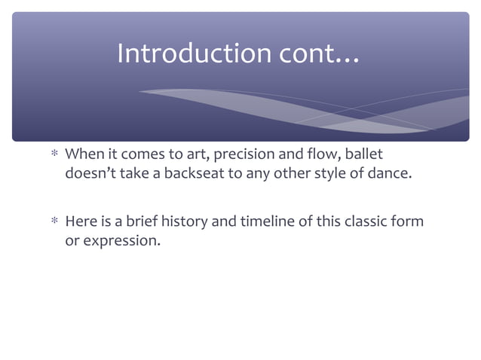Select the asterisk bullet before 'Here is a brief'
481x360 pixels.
pyautogui.click(x=54, y=223)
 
